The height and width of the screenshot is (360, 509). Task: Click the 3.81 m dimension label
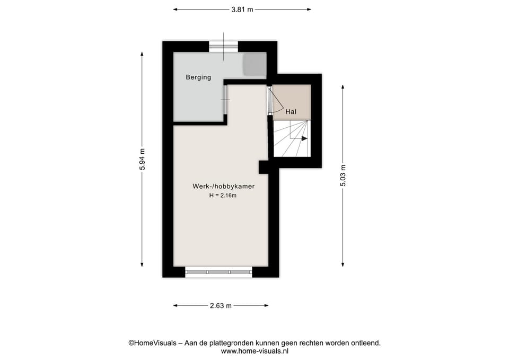click(x=242, y=9)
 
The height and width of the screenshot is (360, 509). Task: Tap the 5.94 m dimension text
click(x=142, y=159)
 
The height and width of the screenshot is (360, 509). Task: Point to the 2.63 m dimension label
click(x=221, y=305)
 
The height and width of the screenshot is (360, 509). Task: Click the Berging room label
click(x=198, y=77)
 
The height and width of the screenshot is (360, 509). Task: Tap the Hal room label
click(x=291, y=112)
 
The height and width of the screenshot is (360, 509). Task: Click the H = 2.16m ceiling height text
click(x=222, y=196)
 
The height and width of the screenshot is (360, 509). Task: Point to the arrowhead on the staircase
click(x=304, y=138)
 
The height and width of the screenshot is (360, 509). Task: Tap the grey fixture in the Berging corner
click(x=254, y=65)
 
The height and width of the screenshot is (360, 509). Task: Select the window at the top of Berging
click(x=223, y=47)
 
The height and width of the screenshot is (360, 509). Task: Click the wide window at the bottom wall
click(x=218, y=272)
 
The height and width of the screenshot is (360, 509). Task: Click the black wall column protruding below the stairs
click(x=264, y=167)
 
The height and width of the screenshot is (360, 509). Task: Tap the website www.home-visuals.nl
click(x=254, y=350)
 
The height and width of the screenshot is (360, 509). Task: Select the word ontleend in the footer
click(x=366, y=343)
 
